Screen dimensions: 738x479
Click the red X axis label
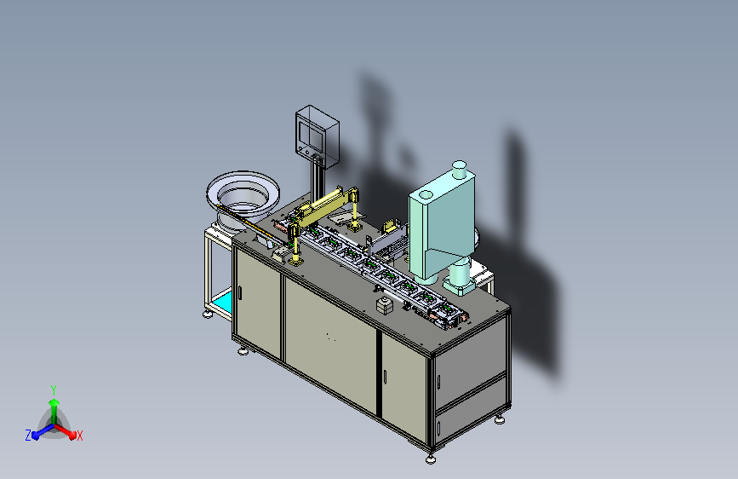click(79, 436)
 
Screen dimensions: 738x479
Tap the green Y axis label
click(54, 390)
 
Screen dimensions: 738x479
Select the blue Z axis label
click(28, 436)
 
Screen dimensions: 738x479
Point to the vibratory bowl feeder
click(243, 198)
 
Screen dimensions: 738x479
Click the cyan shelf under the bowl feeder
click(222, 303)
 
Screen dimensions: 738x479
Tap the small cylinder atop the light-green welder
click(460, 170)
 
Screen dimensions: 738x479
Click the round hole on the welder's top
click(426, 194)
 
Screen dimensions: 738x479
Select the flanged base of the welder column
click(460, 286)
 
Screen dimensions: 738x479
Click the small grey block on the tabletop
click(385, 305)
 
